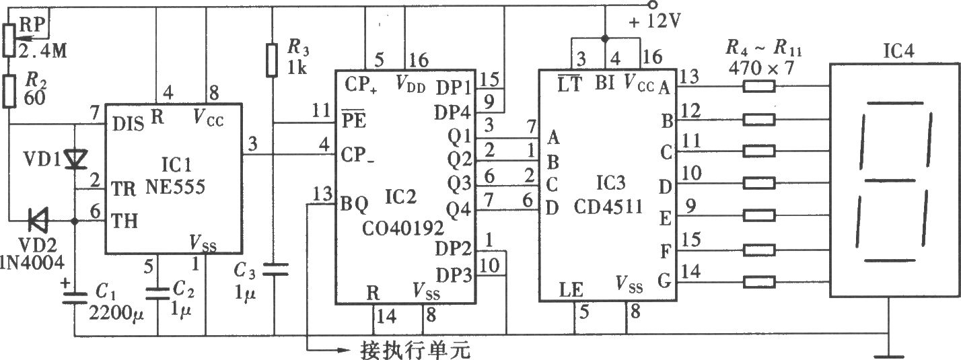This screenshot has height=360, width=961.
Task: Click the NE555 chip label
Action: tap(175, 186)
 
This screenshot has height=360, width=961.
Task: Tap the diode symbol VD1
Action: tap(75, 159)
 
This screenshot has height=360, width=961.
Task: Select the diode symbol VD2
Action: tap(38, 220)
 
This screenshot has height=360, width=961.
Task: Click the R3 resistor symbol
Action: tap(272, 60)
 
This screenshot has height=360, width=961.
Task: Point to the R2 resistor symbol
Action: tap(9, 91)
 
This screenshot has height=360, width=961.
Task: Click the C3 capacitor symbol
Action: tap(275, 269)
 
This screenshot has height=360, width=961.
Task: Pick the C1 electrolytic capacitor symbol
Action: tap(75, 298)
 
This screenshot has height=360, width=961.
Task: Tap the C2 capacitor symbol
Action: tap(157, 293)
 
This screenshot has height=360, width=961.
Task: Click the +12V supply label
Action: tap(654, 21)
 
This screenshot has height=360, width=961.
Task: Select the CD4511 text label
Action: tap(608, 207)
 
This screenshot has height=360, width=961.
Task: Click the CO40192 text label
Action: tap(402, 228)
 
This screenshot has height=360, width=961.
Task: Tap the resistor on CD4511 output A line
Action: tap(759, 86)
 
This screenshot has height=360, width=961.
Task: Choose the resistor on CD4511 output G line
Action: tap(759, 282)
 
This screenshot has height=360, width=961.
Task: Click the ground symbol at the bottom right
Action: tap(888, 348)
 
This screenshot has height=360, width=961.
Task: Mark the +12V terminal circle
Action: tap(652, 5)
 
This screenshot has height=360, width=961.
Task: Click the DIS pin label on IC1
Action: tap(128, 124)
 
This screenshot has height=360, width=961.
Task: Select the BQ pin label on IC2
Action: tap(354, 205)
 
